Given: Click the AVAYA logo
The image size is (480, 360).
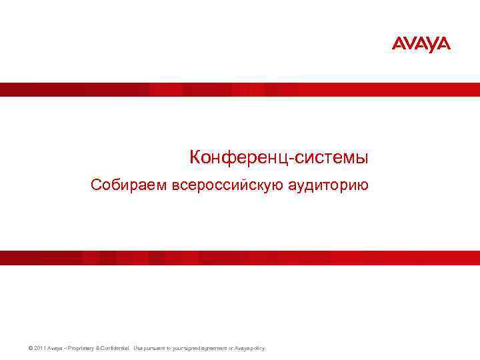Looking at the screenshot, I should coord(421,45).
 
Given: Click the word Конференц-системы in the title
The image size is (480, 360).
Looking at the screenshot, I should coord(279,158).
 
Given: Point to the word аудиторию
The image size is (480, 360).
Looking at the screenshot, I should coord(328,185).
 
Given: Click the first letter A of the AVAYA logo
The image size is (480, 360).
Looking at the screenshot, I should coord(398,45).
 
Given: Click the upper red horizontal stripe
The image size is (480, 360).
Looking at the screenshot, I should coord(240,90).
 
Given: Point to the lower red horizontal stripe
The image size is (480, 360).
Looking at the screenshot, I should coord(240,258).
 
